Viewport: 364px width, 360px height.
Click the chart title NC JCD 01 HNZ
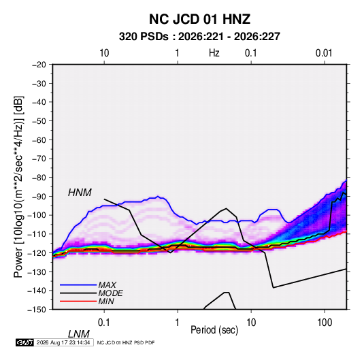(x=199, y=19)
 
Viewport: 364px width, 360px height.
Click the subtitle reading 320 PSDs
(x=144, y=37)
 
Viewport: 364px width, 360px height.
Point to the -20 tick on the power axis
(x=39, y=65)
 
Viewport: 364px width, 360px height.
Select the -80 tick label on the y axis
(x=39, y=178)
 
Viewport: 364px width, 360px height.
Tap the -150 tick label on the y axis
(x=37, y=310)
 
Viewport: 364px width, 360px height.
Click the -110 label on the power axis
(x=37, y=234)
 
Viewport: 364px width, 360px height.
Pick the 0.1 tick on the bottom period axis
(x=104, y=322)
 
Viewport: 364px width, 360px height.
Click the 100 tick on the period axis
(x=325, y=322)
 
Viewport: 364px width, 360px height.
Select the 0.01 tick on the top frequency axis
(x=324, y=53)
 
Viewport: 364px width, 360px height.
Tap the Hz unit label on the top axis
(x=214, y=53)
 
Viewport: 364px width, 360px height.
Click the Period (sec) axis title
(x=214, y=330)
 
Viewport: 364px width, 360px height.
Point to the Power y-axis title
(x=18, y=186)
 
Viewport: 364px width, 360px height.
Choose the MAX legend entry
(x=107, y=284)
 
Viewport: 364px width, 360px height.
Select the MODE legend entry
(x=110, y=293)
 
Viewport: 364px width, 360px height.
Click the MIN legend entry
(x=106, y=301)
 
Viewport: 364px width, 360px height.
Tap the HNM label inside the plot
(x=80, y=193)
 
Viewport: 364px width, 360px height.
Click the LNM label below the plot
(x=78, y=334)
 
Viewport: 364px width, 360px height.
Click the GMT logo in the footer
(x=24, y=342)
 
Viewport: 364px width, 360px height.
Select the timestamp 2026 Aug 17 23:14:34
(x=63, y=342)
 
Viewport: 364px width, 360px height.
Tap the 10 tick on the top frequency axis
(x=104, y=53)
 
